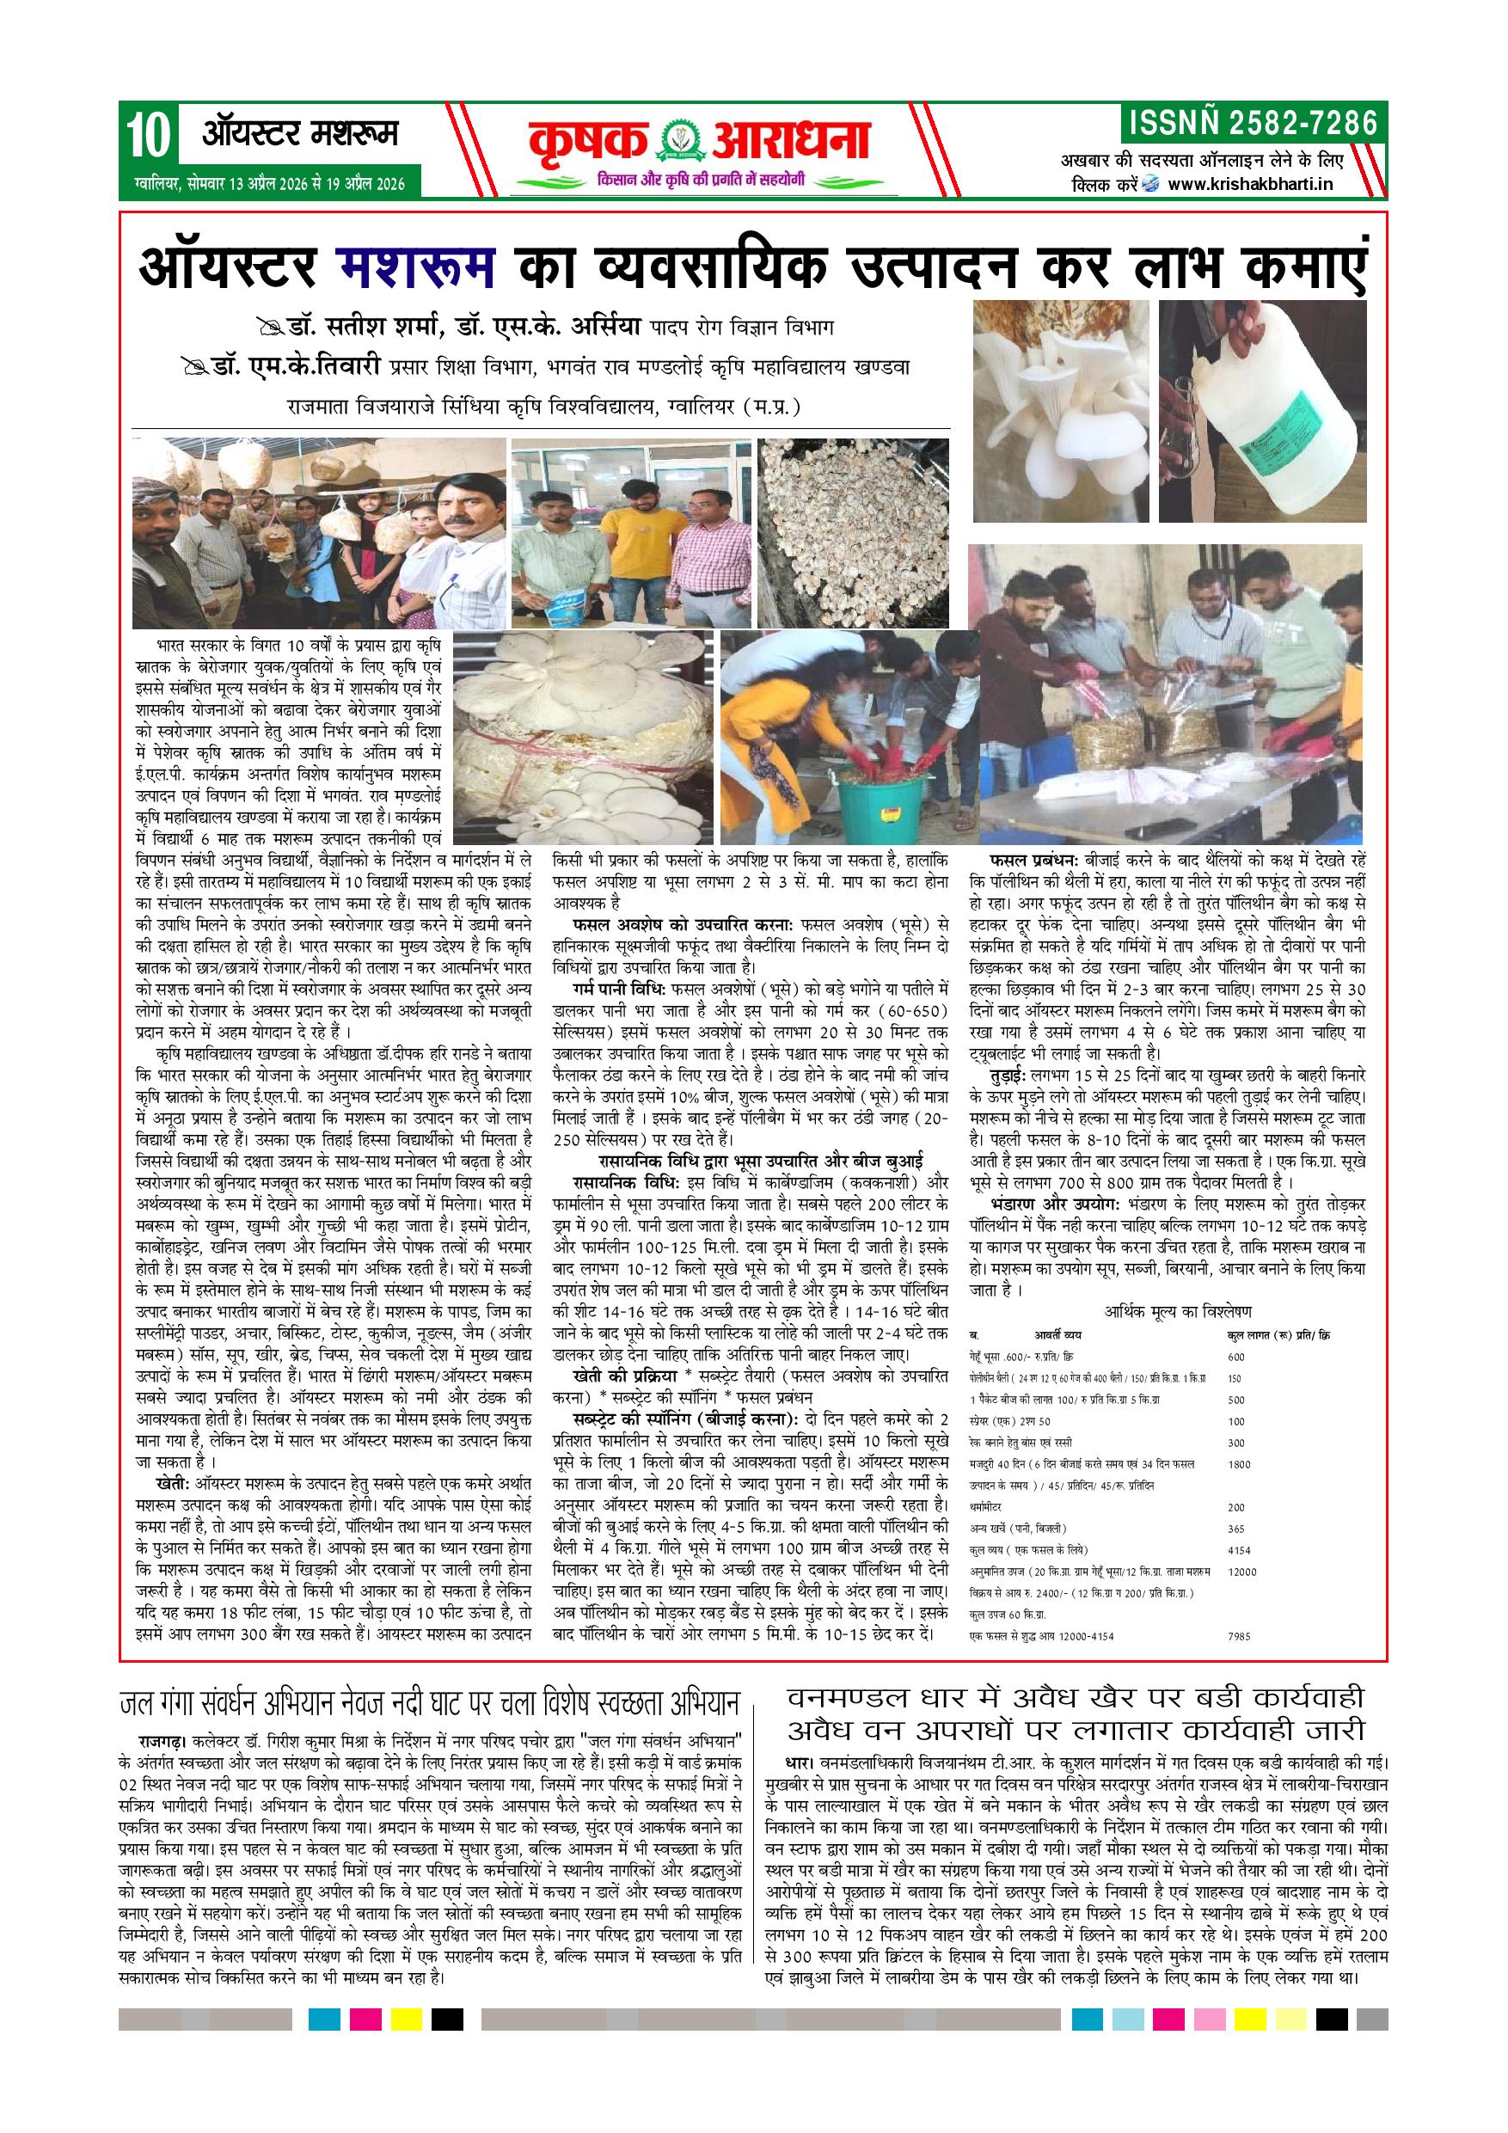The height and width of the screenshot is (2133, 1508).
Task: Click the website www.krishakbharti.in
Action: pyautogui.click(x=1250, y=184)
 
